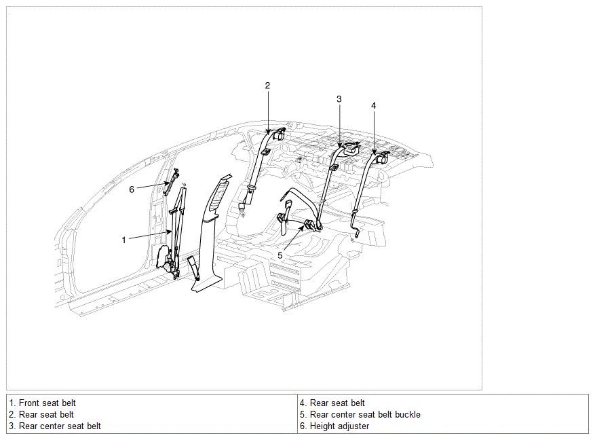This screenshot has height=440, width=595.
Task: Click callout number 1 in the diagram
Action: tap(123, 240)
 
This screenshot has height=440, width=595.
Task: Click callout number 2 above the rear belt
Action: tap(267, 86)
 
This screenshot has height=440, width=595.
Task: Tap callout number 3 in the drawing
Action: tap(339, 99)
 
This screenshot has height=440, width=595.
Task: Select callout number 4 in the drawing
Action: tap(374, 106)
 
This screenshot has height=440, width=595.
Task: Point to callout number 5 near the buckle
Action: tap(280, 255)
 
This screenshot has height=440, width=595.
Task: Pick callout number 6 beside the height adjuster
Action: tap(132, 189)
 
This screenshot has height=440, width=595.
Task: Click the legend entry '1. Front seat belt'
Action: tap(43, 403)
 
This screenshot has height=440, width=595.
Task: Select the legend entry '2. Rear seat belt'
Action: tap(41, 415)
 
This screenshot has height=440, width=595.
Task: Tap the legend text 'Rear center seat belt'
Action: tap(60, 426)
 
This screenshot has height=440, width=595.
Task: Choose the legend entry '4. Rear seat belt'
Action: tap(332, 403)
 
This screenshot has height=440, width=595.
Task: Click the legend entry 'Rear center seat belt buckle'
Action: tap(366, 415)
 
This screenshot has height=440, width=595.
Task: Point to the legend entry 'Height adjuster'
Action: tap(340, 426)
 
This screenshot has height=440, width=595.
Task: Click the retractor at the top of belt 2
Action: tap(280, 134)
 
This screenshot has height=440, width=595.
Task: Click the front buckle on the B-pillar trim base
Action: tap(193, 268)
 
